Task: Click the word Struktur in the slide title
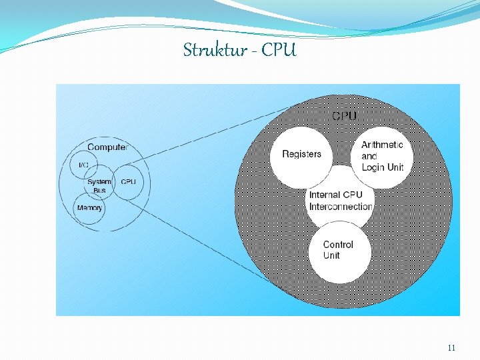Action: point(213,50)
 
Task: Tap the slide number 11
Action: point(451,347)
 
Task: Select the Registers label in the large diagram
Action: point(301,154)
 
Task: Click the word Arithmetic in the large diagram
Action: point(382,145)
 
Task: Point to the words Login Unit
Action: point(383,167)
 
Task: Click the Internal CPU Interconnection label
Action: point(340,201)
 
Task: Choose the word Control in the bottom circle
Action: point(338,245)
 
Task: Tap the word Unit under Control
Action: point(331,255)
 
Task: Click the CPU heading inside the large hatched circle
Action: point(344,116)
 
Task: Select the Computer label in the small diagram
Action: point(107,147)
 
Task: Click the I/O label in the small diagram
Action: point(84,165)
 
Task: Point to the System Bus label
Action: point(99,186)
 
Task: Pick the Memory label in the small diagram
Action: point(90,207)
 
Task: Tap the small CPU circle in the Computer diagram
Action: point(128,182)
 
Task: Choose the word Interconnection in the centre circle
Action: point(341,207)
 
